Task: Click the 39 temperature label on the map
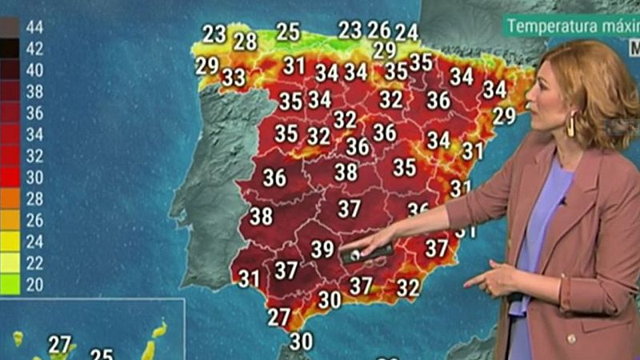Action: tap(322, 250)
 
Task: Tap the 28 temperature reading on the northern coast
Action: tap(245, 41)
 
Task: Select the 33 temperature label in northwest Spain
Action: tap(234, 78)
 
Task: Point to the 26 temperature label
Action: tap(378, 30)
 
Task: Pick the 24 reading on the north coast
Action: tap(406, 32)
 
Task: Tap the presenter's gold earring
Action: tap(570, 126)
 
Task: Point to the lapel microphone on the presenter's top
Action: tap(562, 201)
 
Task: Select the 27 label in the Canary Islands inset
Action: tap(60, 344)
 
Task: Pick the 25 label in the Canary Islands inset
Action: tap(102, 354)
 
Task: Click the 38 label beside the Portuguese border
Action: tap(261, 216)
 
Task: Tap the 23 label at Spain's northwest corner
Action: tap(214, 34)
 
